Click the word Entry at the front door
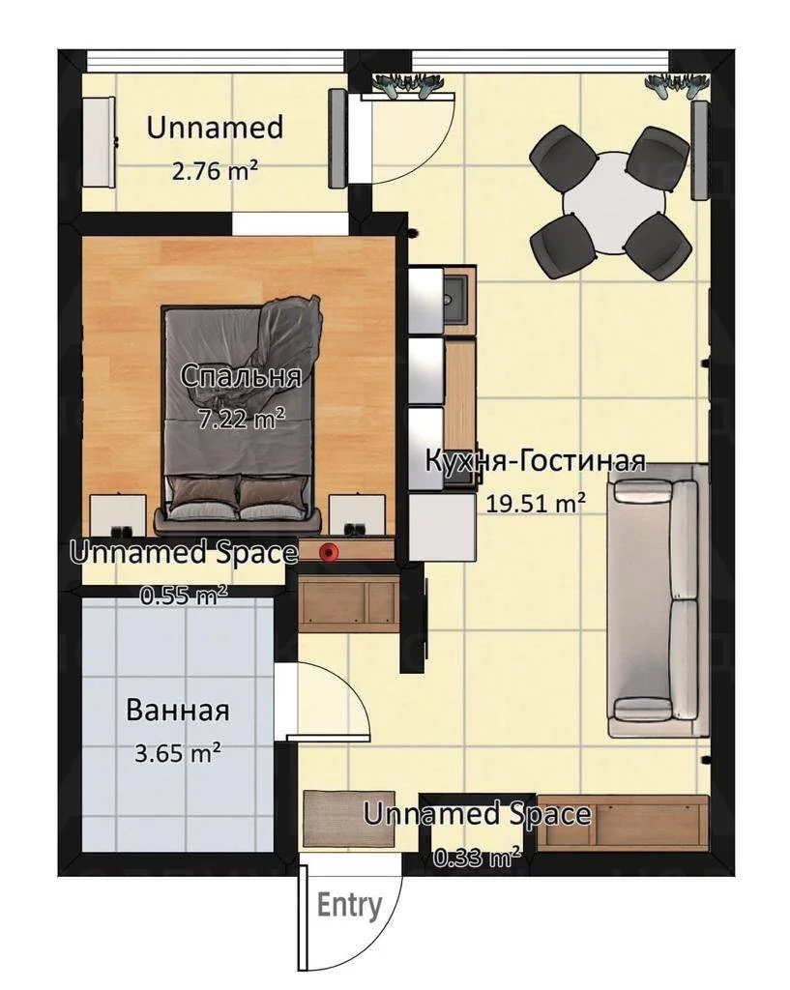point(349,905)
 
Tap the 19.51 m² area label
point(535,503)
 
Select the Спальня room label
point(241,376)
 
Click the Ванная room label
point(178,710)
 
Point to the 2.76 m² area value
point(215,170)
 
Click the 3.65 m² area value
point(178,753)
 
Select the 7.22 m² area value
point(241,418)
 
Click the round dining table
point(613,201)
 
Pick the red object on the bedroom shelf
point(328,552)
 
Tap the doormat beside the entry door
point(349,818)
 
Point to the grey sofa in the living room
point(657,600)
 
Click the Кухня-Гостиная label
point(535,461)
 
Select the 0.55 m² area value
point(184,595)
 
